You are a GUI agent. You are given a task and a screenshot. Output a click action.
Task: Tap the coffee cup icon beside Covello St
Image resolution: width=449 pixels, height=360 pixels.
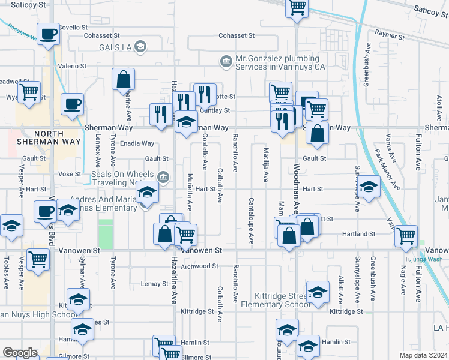click(x=48, y=34)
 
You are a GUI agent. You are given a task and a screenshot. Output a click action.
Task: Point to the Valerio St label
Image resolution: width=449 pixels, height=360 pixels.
click(x=72, y=66)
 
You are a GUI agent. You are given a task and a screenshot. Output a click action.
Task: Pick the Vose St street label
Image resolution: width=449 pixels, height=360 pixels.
click(x=69, y=173)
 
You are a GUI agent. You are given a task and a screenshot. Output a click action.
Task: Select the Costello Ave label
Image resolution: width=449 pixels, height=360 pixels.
click(x=205, y=151)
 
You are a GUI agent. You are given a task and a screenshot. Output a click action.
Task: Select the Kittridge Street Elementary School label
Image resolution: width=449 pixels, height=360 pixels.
click(x=274, y=300)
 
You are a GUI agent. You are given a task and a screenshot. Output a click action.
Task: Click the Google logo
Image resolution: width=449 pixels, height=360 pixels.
click(x=20, y=353)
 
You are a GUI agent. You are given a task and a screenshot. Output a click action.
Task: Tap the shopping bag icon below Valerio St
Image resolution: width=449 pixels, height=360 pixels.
click(x=123, y=79)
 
